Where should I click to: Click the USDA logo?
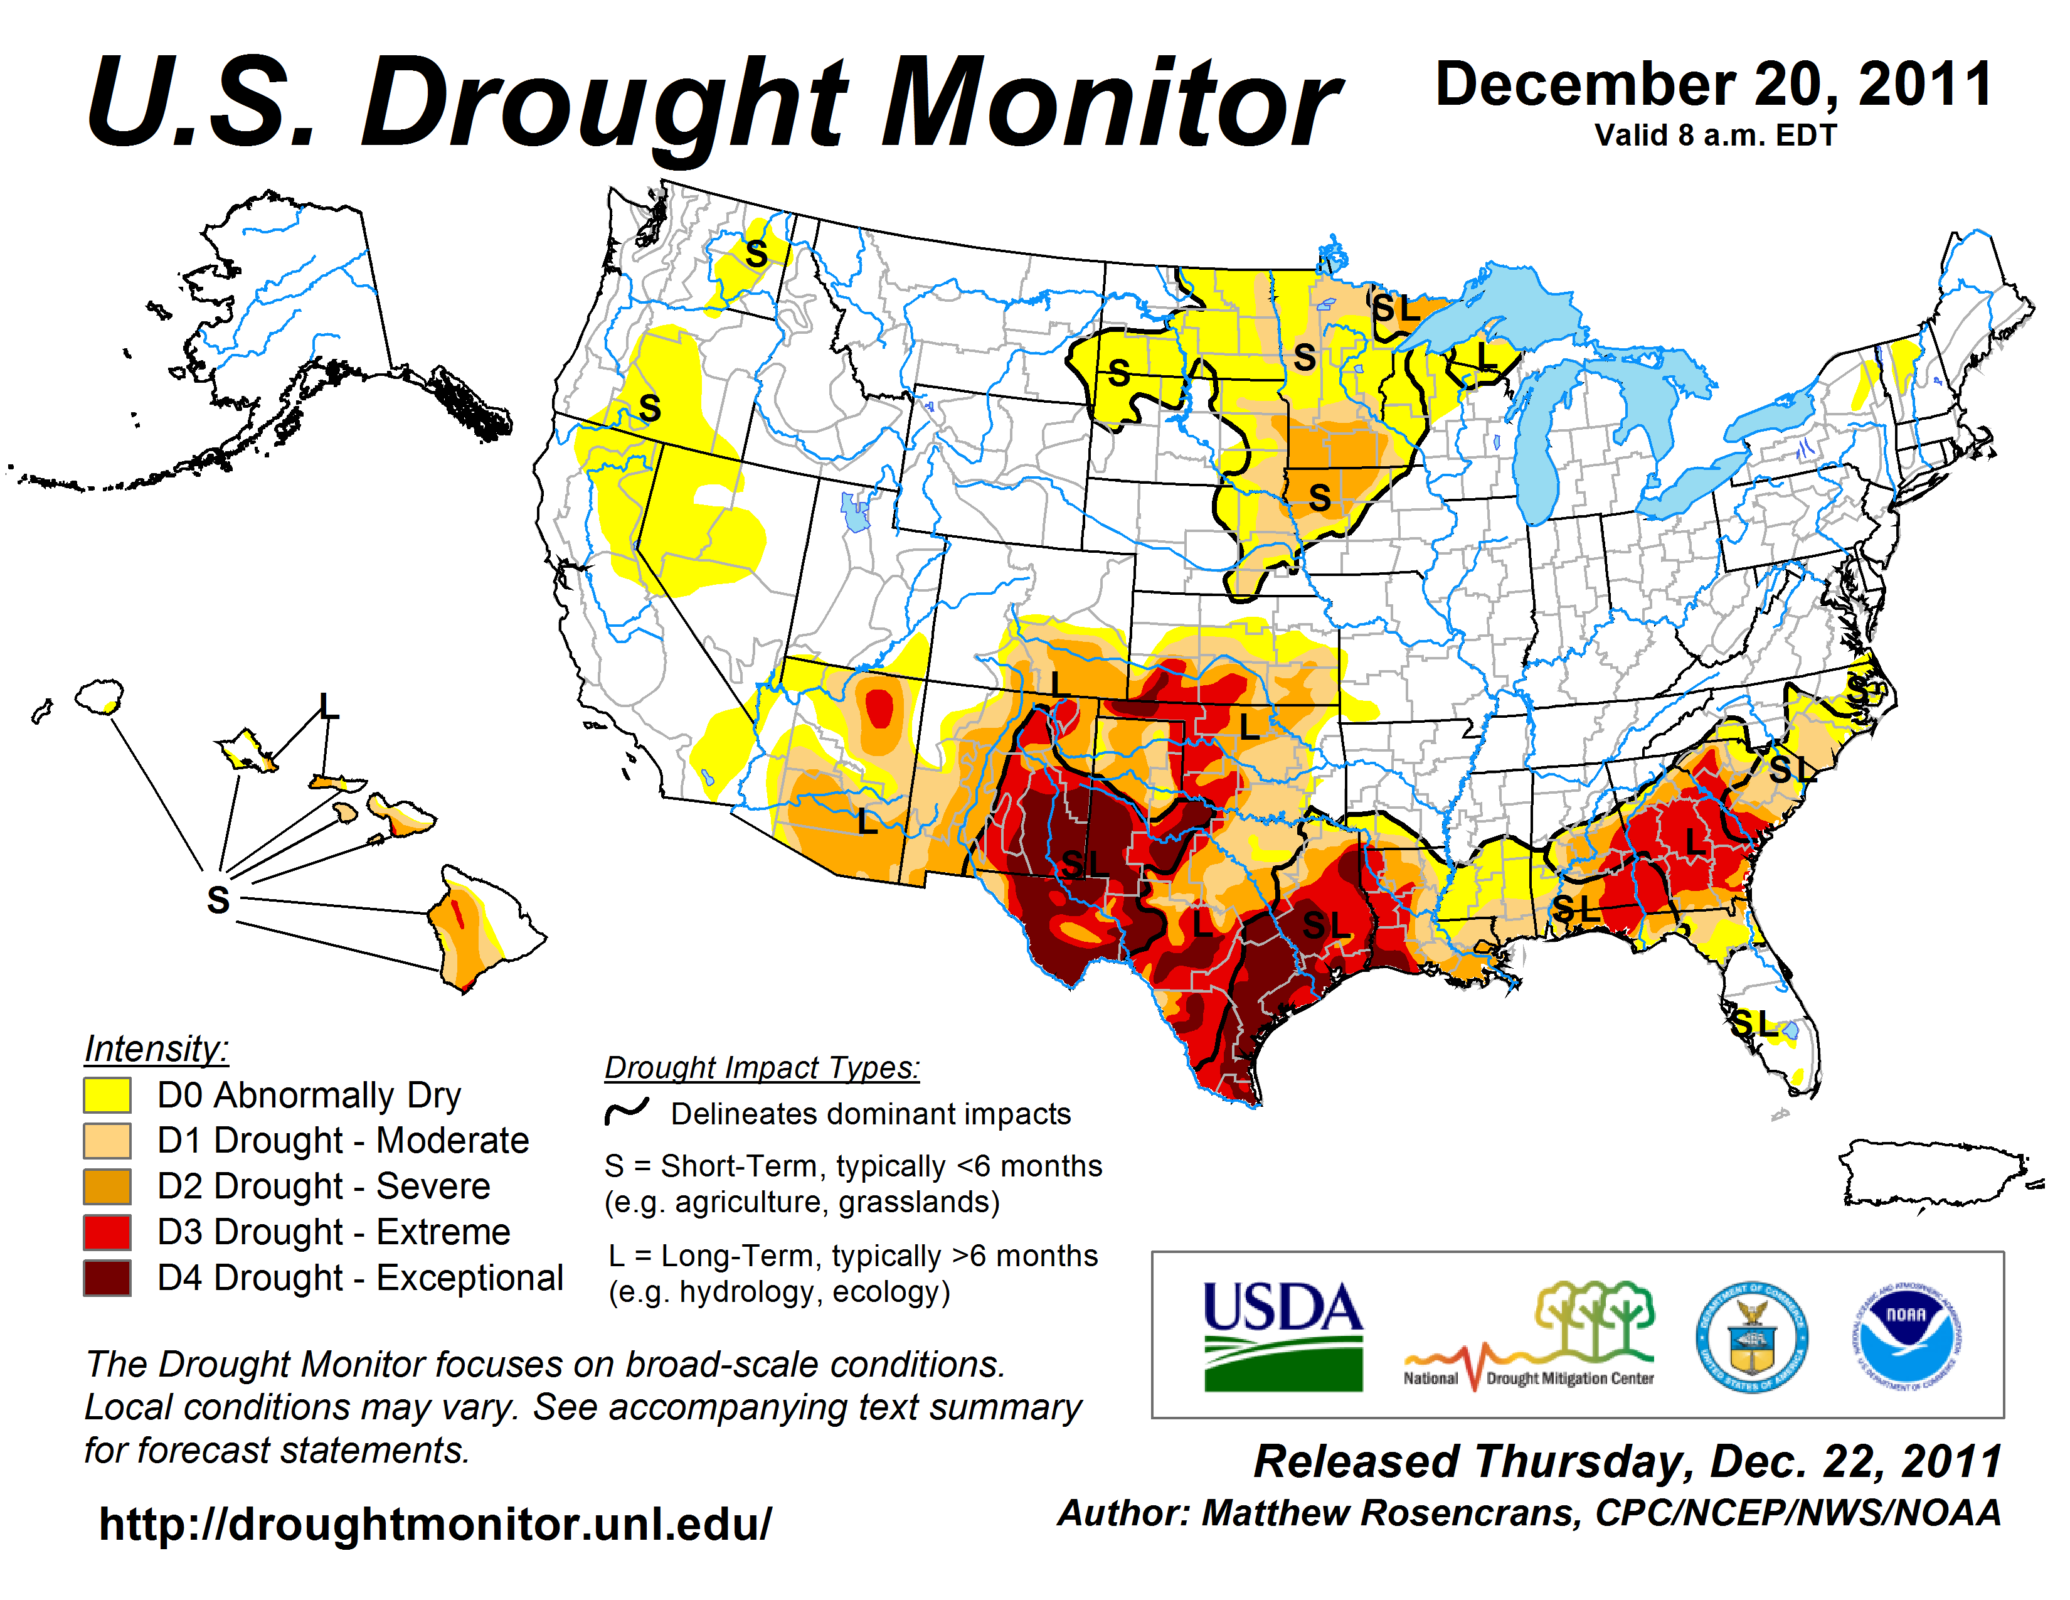pyautogui.click(x=1282, y=1336)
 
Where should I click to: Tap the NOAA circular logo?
pyautogui.click(x=1906, y=1336)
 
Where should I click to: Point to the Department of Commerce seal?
pyautogui.click(x=1751, y=1336)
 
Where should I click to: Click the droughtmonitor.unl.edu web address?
pyautogui.click(x=435, y=1524)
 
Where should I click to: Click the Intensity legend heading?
pyautogui.click(x=156, y=1048)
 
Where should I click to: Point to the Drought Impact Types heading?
pyautogui.click(x=762, y=1067)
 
